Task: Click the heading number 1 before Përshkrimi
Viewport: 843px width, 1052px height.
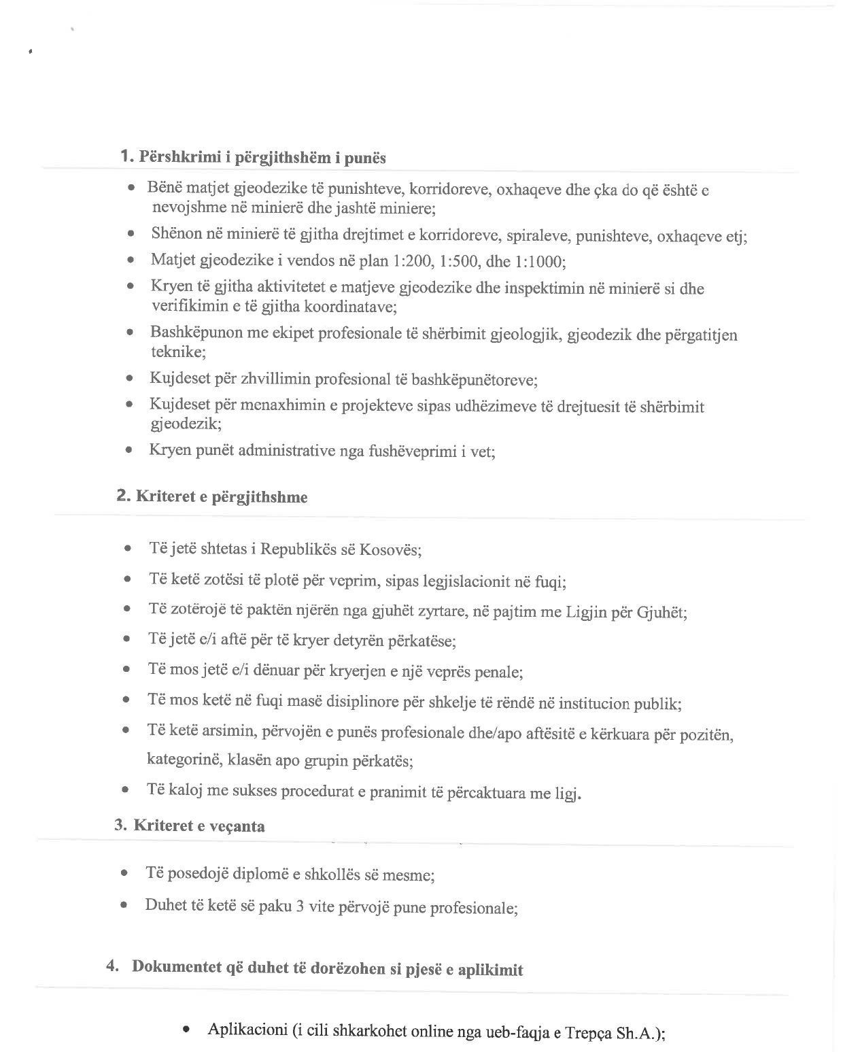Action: pyautogui.click(x=125, y=156)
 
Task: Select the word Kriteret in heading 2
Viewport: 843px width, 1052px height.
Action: pyautogui.click(x=164, y=496)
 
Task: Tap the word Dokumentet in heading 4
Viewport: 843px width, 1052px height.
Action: pyautogui.click(x=177, y=967)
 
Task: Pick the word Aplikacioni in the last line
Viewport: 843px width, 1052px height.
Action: pyautogui.click(x=248, y=1030)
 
